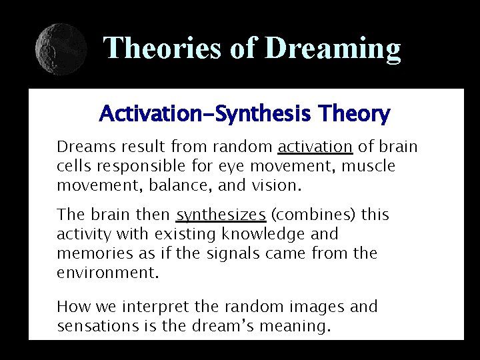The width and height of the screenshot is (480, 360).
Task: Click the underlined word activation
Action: pos(315,146)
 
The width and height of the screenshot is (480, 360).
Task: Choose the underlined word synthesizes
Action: pos(221,215)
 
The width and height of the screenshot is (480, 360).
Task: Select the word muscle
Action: pos(369,165)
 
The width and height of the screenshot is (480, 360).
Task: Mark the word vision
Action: pos(279,185)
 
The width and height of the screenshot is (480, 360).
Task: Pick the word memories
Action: pos(89,253)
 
